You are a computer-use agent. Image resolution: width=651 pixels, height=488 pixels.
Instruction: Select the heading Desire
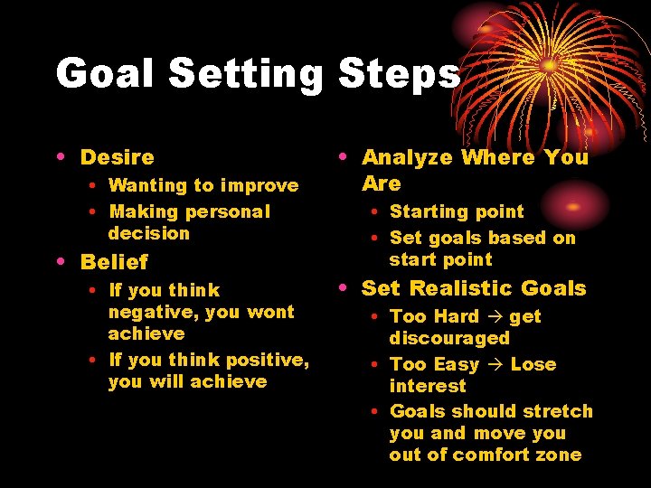pos(118,157)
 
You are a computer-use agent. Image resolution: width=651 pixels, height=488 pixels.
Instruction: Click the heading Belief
pos(114,262)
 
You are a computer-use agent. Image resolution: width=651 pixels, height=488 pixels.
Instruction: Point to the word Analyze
pos(407,157)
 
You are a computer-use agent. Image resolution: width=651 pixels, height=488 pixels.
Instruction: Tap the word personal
pos(227,211)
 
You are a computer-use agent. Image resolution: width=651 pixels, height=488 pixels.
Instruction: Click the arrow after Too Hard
pos(495,317)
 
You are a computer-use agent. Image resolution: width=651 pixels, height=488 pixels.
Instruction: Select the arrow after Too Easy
pos(495,365)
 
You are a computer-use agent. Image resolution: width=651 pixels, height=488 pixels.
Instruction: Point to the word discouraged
pos(449,339)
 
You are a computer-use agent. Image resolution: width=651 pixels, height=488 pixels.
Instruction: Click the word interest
pos(428,386)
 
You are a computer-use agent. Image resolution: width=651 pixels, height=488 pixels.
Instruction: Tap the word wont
pos(270,312)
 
